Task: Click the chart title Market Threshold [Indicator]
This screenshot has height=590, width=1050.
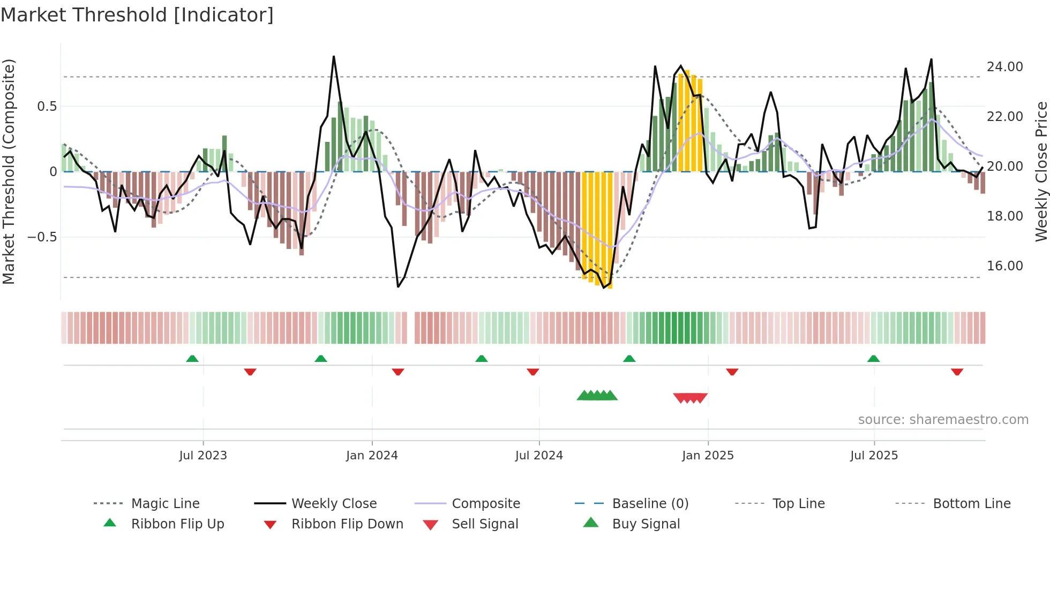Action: (137, 15)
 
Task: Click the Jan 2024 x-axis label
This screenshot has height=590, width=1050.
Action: (372, 456)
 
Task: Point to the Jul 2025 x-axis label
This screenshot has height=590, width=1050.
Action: (874, 456)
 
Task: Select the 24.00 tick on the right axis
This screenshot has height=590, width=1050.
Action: (1004, 67)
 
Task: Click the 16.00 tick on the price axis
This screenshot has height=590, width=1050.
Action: (1004, 266)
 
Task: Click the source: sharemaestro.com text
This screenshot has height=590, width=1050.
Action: (943, 420)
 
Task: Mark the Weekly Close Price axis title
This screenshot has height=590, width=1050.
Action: (1041, 171)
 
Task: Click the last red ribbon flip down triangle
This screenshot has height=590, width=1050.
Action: (957, 372)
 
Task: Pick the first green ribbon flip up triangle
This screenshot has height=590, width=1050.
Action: (192, 359)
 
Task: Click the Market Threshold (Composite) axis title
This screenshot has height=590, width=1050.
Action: (9, 171)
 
